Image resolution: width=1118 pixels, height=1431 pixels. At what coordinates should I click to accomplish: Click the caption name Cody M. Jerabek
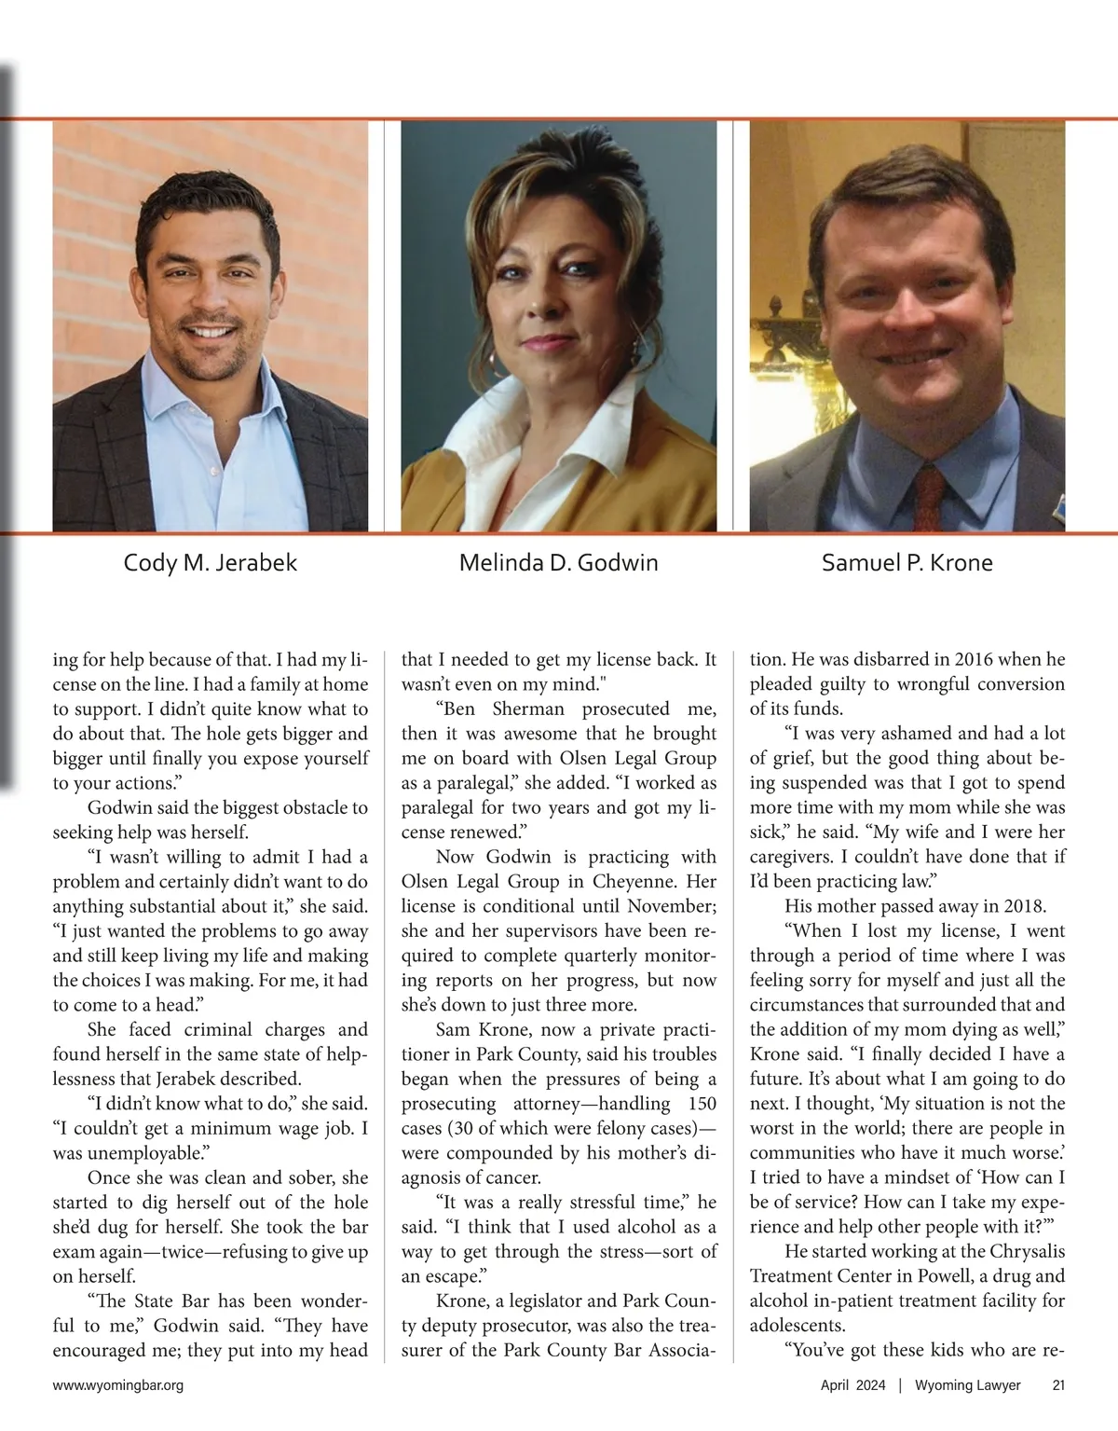tap(211, 563)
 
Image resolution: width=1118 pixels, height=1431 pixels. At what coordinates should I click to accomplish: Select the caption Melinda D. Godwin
tap(559, 563)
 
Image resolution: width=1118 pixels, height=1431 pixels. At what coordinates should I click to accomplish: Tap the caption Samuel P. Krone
tap(907, 563)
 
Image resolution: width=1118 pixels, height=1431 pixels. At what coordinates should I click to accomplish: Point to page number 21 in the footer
tap(1058, 1385)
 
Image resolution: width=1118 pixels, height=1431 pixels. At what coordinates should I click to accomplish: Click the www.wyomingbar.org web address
tap(118, 1385)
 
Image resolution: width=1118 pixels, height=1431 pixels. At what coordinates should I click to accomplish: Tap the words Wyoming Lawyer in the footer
tap(967, 1385)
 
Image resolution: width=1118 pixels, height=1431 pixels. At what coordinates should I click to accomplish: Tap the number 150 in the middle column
tap(701, 1104)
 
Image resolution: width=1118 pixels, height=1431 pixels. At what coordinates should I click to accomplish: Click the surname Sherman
tap(529, 709)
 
